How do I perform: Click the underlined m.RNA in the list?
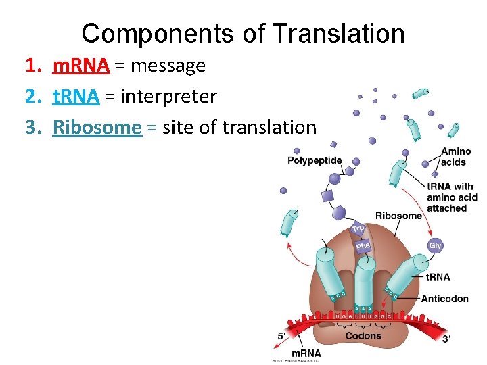81,66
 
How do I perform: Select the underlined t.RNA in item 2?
76,97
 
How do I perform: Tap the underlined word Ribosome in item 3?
97,127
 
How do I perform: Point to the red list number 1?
31,66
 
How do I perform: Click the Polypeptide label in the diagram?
315,160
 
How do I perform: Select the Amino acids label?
455,157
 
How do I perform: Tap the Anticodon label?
444,299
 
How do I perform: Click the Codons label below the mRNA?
363,336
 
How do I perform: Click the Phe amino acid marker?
363,246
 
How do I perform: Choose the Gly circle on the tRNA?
435,246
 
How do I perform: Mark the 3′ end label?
446,338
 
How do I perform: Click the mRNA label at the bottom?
306,354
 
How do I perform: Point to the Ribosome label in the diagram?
398,216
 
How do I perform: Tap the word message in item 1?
168,66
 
